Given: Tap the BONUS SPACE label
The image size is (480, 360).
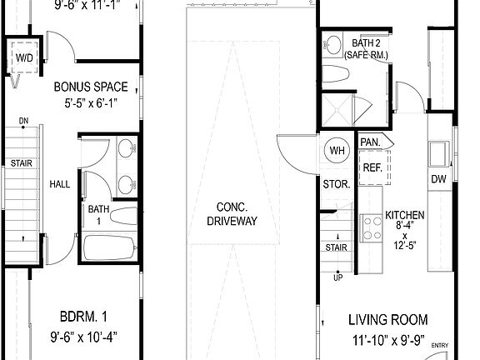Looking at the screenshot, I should (x=91, y=87).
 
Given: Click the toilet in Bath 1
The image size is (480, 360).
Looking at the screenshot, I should (x=122, y=216).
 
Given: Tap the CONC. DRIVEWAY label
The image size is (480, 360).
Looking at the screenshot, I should (x=232, y=214).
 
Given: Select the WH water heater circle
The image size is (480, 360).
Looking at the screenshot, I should (x=337, y=151).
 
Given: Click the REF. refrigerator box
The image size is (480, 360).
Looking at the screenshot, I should (x=371, y=167).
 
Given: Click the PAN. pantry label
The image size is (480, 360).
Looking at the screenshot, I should (x=370, y=142).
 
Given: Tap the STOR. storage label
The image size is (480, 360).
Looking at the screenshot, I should (x=336, y=184).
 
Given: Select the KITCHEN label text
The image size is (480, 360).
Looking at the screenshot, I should (x=405, y=215).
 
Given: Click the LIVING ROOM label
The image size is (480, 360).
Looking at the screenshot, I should (x=387, y=319).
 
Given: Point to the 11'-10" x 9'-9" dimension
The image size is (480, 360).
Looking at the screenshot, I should (x=387, y=340).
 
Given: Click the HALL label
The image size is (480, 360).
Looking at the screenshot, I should (x=59, y=184).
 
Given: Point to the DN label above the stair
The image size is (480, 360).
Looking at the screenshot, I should (x=23, y=120).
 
